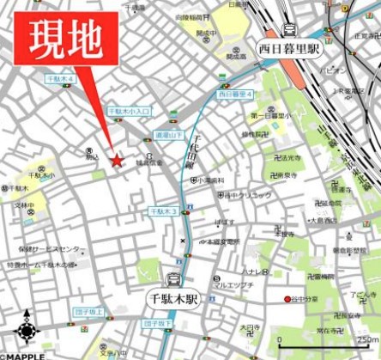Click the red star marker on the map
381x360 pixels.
[117, 160]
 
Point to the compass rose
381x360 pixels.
[26, 331]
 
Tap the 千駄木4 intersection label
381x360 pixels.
[62, 79]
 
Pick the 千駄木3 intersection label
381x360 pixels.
[163, 211]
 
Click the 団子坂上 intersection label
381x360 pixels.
[88, 313]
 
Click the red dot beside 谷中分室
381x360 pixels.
[287, 299]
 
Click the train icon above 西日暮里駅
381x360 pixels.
[288, 30]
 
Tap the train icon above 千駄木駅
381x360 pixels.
[173, 279]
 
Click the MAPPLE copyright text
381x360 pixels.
[23, 355]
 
